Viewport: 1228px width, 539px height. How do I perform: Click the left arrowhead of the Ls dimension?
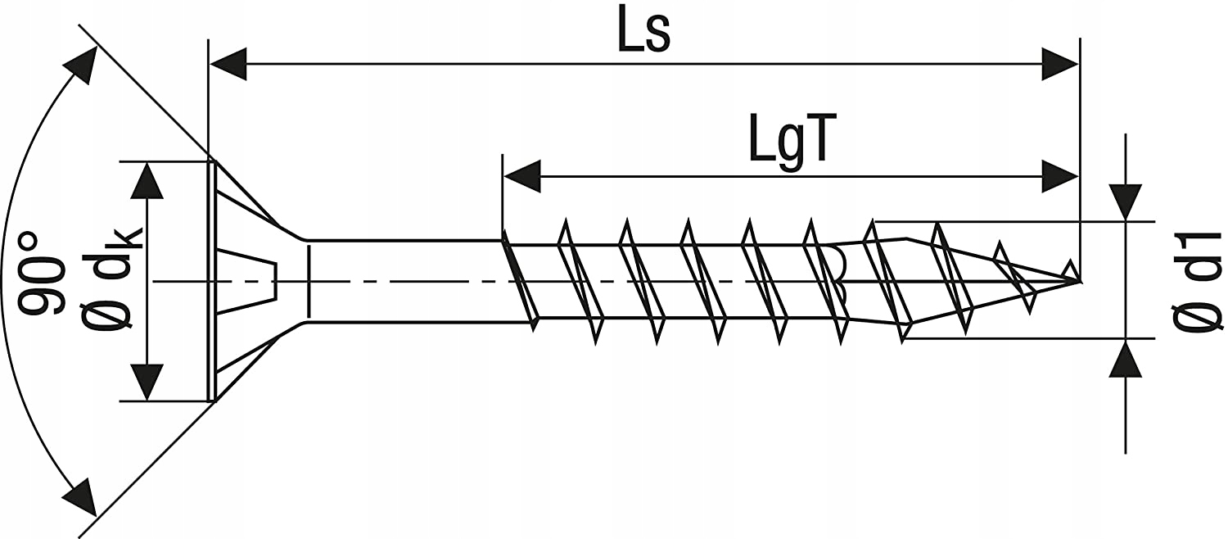click(228, 64)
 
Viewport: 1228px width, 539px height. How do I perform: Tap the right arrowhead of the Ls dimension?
click(1059, 64)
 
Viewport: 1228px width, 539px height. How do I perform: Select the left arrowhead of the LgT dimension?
click(522, 176)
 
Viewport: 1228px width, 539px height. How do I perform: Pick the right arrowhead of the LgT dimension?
click(1059, 176)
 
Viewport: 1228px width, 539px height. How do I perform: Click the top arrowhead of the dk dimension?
click(147, 180)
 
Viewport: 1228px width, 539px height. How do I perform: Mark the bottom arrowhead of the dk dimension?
click(147, 382)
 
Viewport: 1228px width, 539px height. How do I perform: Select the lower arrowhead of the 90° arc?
click(80, 496)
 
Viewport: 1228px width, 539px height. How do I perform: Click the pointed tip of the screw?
click(1078, 281)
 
